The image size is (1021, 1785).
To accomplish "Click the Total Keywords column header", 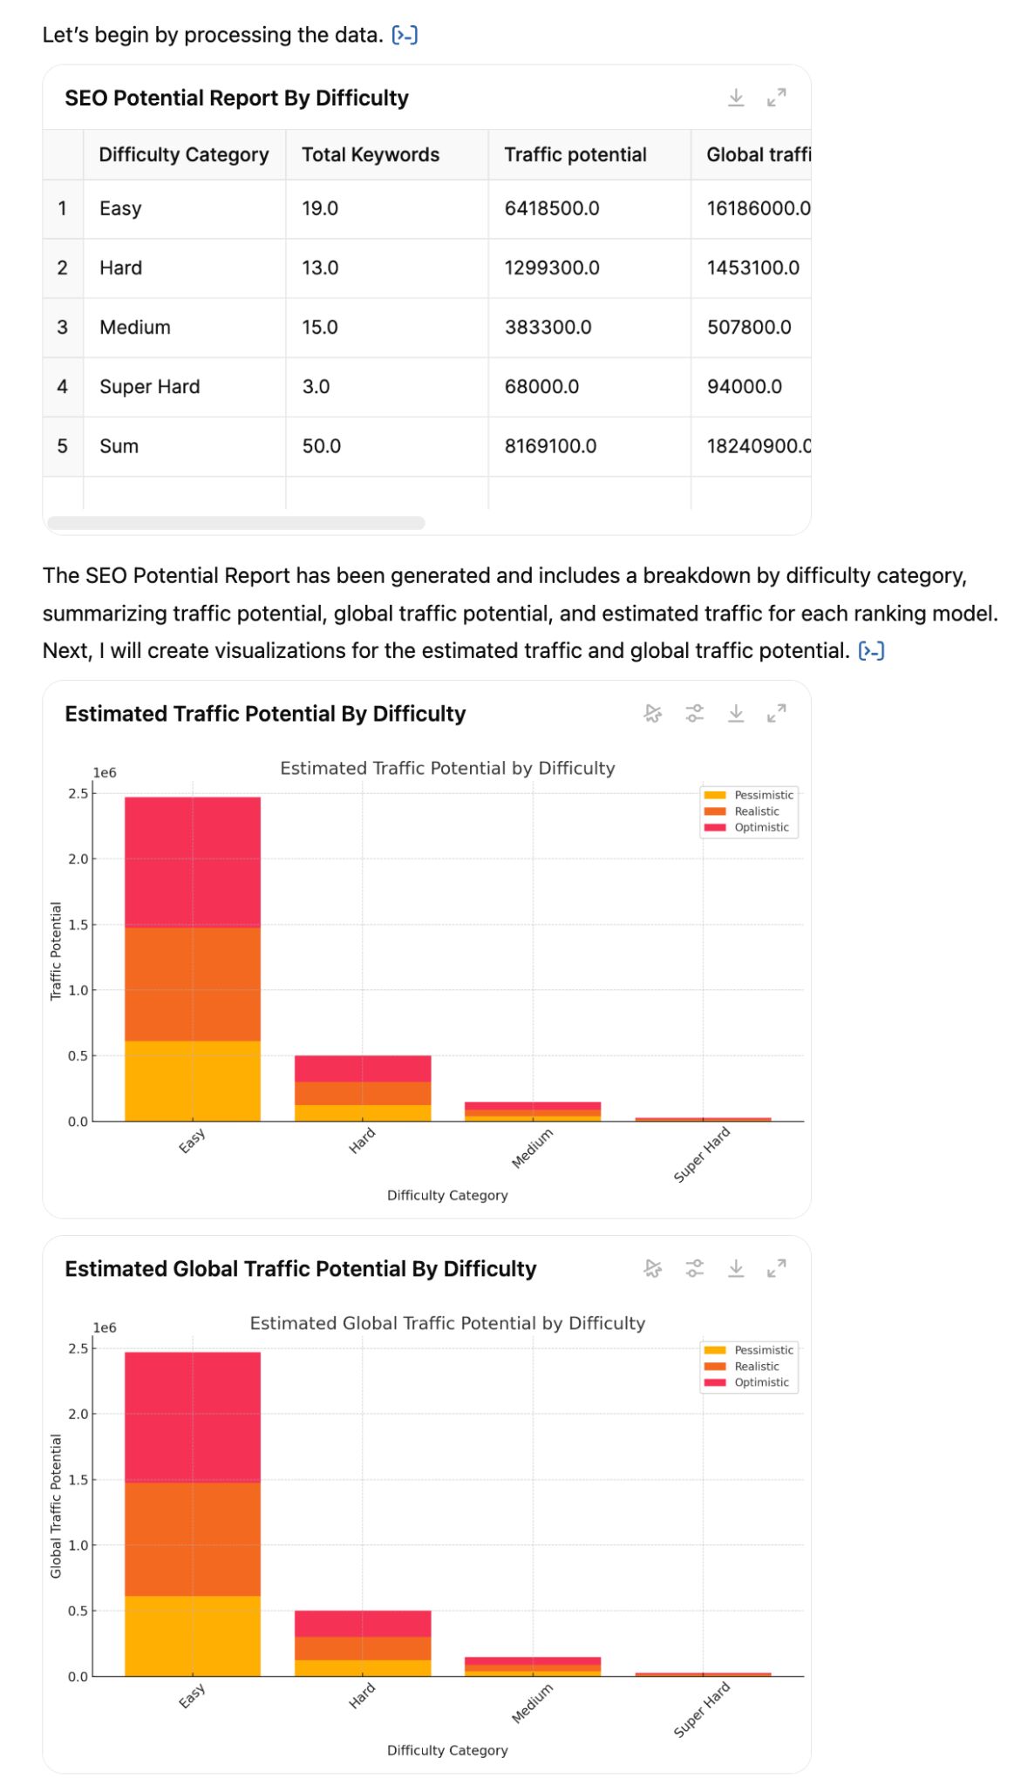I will [x=371, y=155].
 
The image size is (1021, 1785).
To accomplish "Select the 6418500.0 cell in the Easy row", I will [x=552, y=209].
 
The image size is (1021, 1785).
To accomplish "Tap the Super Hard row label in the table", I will [x=149, y=387].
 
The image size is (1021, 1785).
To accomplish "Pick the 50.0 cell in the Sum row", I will [x=321, y=446].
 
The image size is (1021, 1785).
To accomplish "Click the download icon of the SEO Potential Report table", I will [x=736, y=98].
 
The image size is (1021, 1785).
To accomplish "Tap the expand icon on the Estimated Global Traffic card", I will [x=777, y=1269].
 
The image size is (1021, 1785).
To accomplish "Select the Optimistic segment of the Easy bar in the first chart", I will [x=193, y=862].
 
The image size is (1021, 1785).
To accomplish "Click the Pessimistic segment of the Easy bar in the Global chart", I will [x=193, y=1635].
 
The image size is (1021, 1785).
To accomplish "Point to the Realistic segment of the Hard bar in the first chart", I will [x=363, y=1093].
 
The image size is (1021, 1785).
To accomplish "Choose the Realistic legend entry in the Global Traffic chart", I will [x=756, y=1367].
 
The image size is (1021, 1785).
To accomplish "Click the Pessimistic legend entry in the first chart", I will [x=763, y=795].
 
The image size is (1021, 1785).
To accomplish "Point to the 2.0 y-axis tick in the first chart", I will [x=78, y=859].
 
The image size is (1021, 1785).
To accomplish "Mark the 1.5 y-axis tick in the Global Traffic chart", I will [x=78, y=1480].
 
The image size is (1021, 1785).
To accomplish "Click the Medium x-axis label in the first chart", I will [x=532, y=1148].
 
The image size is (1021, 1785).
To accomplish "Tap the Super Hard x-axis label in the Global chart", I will [x=702, y=1710].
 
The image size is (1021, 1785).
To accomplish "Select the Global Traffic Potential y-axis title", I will [x=56, y=1506].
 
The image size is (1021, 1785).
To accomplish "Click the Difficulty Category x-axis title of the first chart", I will [x=447, y=1196].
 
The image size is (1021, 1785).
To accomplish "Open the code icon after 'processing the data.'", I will [x=405, y=36].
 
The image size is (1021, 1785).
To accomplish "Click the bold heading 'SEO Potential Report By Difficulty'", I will [x=236, y=98].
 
